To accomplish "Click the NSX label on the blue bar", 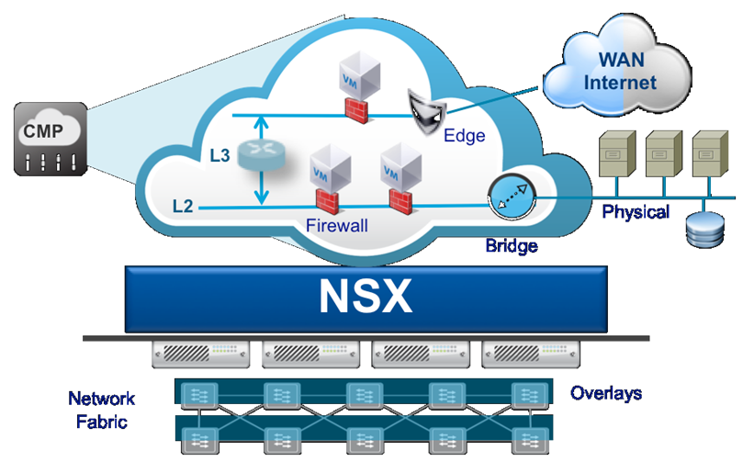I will point(366,297).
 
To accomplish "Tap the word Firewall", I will point(337,224).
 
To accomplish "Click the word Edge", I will point(464,136).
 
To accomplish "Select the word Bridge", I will point(511,246).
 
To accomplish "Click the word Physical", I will point(636,213).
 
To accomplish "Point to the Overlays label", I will point(606,393).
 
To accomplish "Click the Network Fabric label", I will point(101,411).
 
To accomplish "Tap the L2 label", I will point(183,206).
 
